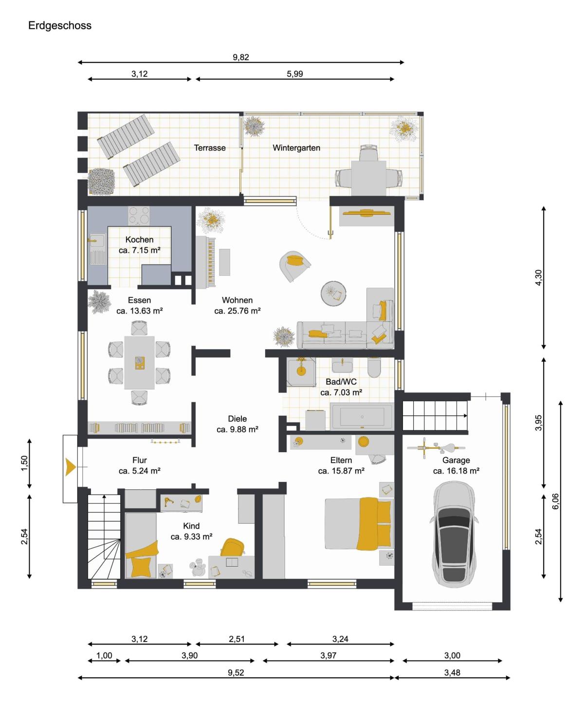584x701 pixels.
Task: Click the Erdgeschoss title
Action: click(59, 25)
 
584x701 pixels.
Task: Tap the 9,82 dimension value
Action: click(240, 57)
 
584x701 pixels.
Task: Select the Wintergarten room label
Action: click(296, 148)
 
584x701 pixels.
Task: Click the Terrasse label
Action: click(209, 148)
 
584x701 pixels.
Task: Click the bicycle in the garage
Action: click(436, 448)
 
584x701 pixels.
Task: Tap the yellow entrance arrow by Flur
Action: click(70, 467)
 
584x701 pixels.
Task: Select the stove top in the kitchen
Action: click(139, 216)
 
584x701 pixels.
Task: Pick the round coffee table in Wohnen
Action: click(333, 294)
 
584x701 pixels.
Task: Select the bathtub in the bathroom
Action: click(362, 417)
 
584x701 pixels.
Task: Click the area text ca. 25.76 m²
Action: click(237, 311)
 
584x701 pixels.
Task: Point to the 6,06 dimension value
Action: click(555, 501)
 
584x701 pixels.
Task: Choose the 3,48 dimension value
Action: click(452, 672)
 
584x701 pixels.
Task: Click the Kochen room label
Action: click(139, 240)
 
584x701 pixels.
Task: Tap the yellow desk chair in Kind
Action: click(232, 547)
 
